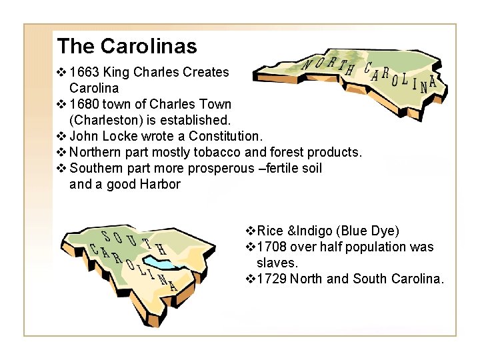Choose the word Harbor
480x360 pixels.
[160, 184]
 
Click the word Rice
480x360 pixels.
[270, 231]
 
